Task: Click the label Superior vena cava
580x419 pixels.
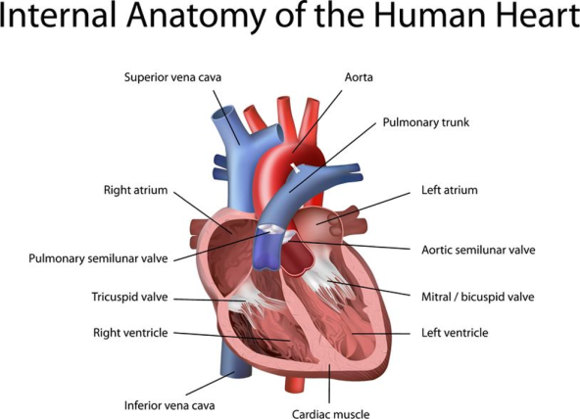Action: tap(172, 77)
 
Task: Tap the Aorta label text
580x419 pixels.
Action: tap(359, 77)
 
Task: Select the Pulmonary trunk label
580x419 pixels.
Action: tap(426, 122)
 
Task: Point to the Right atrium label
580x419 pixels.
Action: tap(135, 190)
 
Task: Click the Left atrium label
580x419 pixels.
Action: tap(450, 190)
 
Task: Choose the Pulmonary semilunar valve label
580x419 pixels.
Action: tap(98, 258)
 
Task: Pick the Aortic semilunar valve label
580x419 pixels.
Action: tap(478, 251)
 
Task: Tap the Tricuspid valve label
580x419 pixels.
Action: tap(129, 297)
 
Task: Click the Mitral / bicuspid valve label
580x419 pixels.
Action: tap(478, 297)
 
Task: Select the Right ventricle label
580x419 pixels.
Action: tap(130, 333)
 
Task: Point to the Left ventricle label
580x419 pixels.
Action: tap(455, 333)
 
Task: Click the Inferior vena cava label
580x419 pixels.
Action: tap(169, 405)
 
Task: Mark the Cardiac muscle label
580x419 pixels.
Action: tap(331, 414)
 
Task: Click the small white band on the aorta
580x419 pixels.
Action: tap(295, 167)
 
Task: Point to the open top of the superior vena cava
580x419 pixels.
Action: tap(222, 113)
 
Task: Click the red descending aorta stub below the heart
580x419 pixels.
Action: tap(295, 384)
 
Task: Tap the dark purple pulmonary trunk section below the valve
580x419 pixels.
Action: tap(267, 252)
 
